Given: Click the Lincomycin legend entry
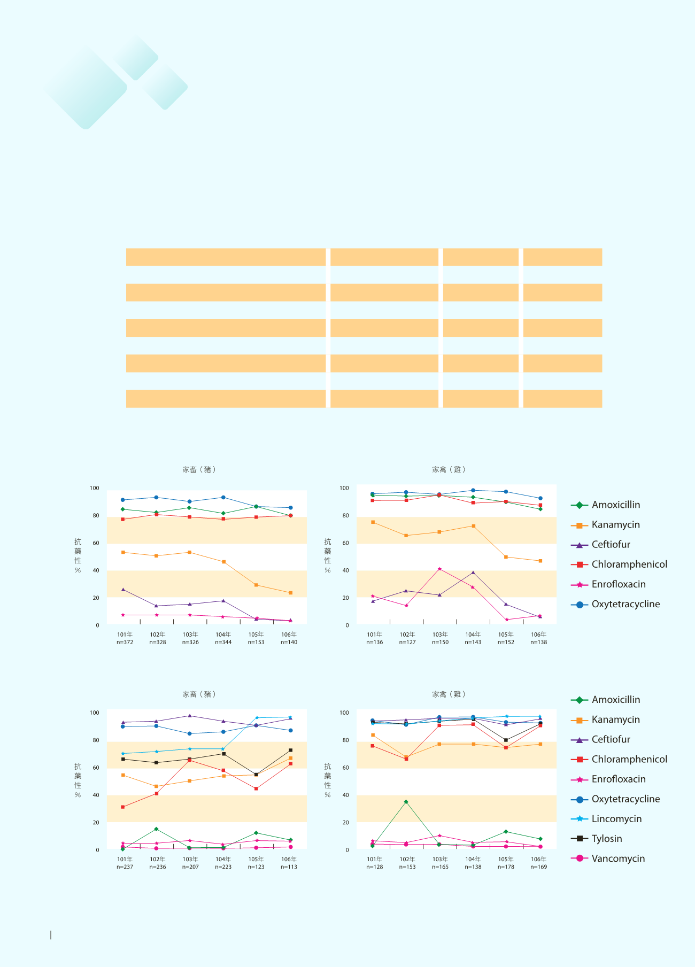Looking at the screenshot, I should (616, 819).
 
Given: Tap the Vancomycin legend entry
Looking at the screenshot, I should (618, 858).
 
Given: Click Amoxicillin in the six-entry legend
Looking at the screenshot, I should (615, 505).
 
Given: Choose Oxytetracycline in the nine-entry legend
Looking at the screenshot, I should (625, 799).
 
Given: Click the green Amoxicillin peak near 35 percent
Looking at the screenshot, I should (406, 802).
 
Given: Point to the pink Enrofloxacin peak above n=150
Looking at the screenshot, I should (439, 569).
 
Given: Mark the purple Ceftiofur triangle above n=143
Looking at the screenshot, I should (473, 573).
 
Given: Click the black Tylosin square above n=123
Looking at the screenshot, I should (256, 775).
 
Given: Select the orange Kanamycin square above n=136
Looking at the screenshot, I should (373, 522).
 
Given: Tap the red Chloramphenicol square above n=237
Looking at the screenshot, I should (123, 807).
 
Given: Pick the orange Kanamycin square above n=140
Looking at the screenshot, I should (290, 593).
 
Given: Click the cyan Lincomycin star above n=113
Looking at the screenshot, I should (290, 717).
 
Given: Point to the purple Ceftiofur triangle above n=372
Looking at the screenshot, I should (123, 590).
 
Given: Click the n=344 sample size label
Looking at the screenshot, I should (223, 643).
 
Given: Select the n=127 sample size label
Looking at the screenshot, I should (407, 643).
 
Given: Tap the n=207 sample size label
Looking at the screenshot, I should (190, 867).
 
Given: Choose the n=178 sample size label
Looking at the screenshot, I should (506, 867).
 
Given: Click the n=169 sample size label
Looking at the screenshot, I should (538, 867).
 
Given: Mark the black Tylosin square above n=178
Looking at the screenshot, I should (506, 740).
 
